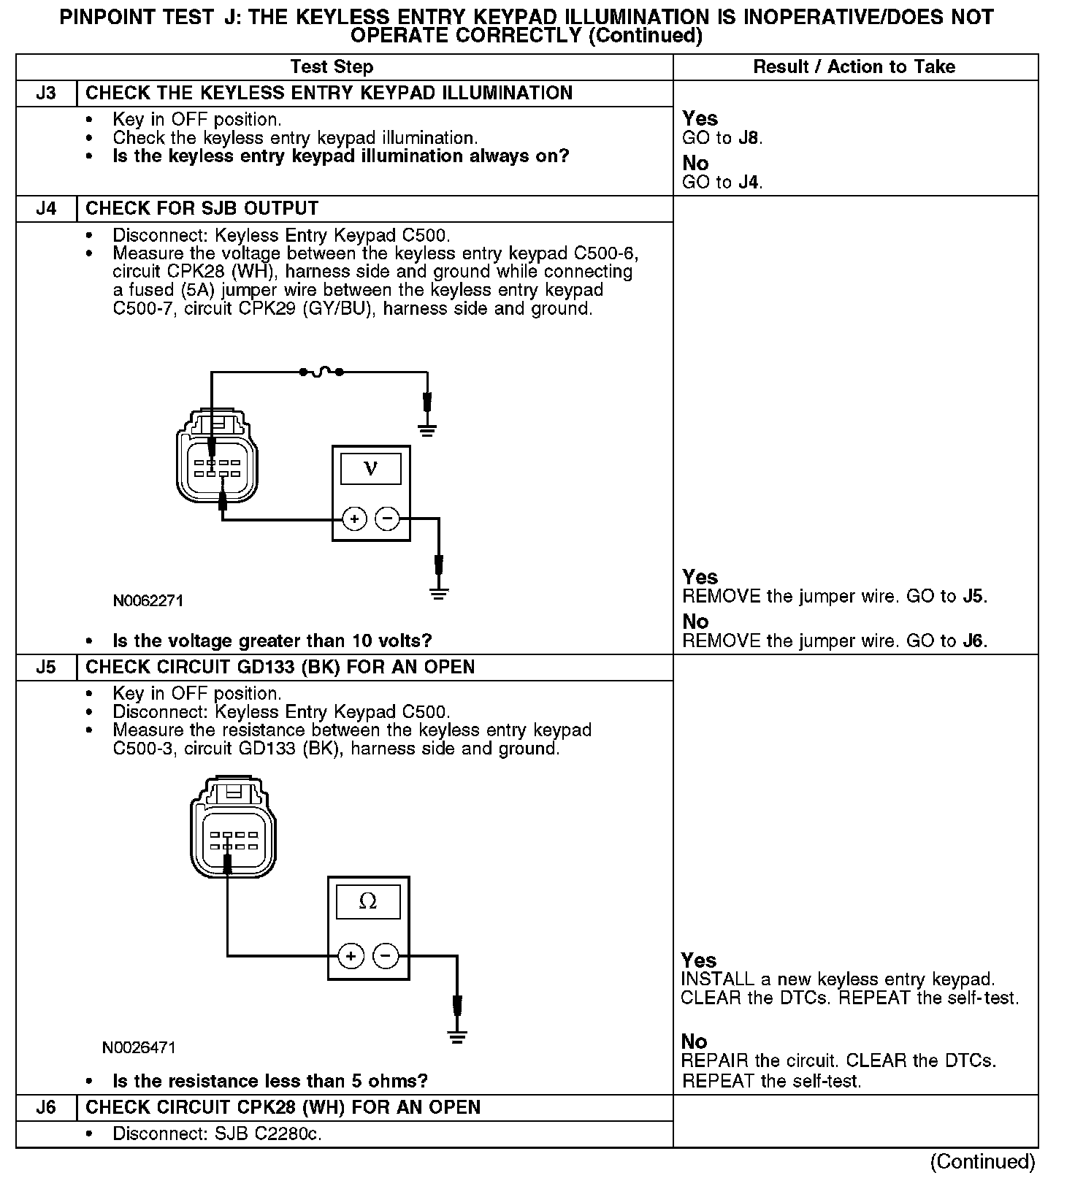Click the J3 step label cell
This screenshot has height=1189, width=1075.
pos(46,93)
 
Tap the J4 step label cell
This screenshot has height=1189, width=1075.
pos(46,209)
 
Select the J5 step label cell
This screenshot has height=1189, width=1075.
pos(46,668)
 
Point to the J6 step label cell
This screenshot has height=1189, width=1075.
pos(46,1107)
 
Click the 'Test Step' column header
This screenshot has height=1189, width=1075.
pos(332,67)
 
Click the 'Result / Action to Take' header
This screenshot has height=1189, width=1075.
pos(854,67)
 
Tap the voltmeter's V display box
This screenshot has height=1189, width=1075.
pos(371,468)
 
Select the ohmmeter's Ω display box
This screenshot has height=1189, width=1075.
pos(368,902)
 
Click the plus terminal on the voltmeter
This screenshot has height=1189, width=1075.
pos(354,519)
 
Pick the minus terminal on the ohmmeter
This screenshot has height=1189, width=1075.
pos(386,955)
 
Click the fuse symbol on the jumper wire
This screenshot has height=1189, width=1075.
pos(321,373)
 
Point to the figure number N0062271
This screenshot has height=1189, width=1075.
pos(148,601)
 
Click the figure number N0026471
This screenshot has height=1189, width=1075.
pos(139,1047)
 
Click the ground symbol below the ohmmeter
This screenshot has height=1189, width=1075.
pos(458,1036)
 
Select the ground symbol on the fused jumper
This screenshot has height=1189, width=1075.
pos(427,430)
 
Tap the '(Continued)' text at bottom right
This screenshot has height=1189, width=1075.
pos(982,1161)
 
